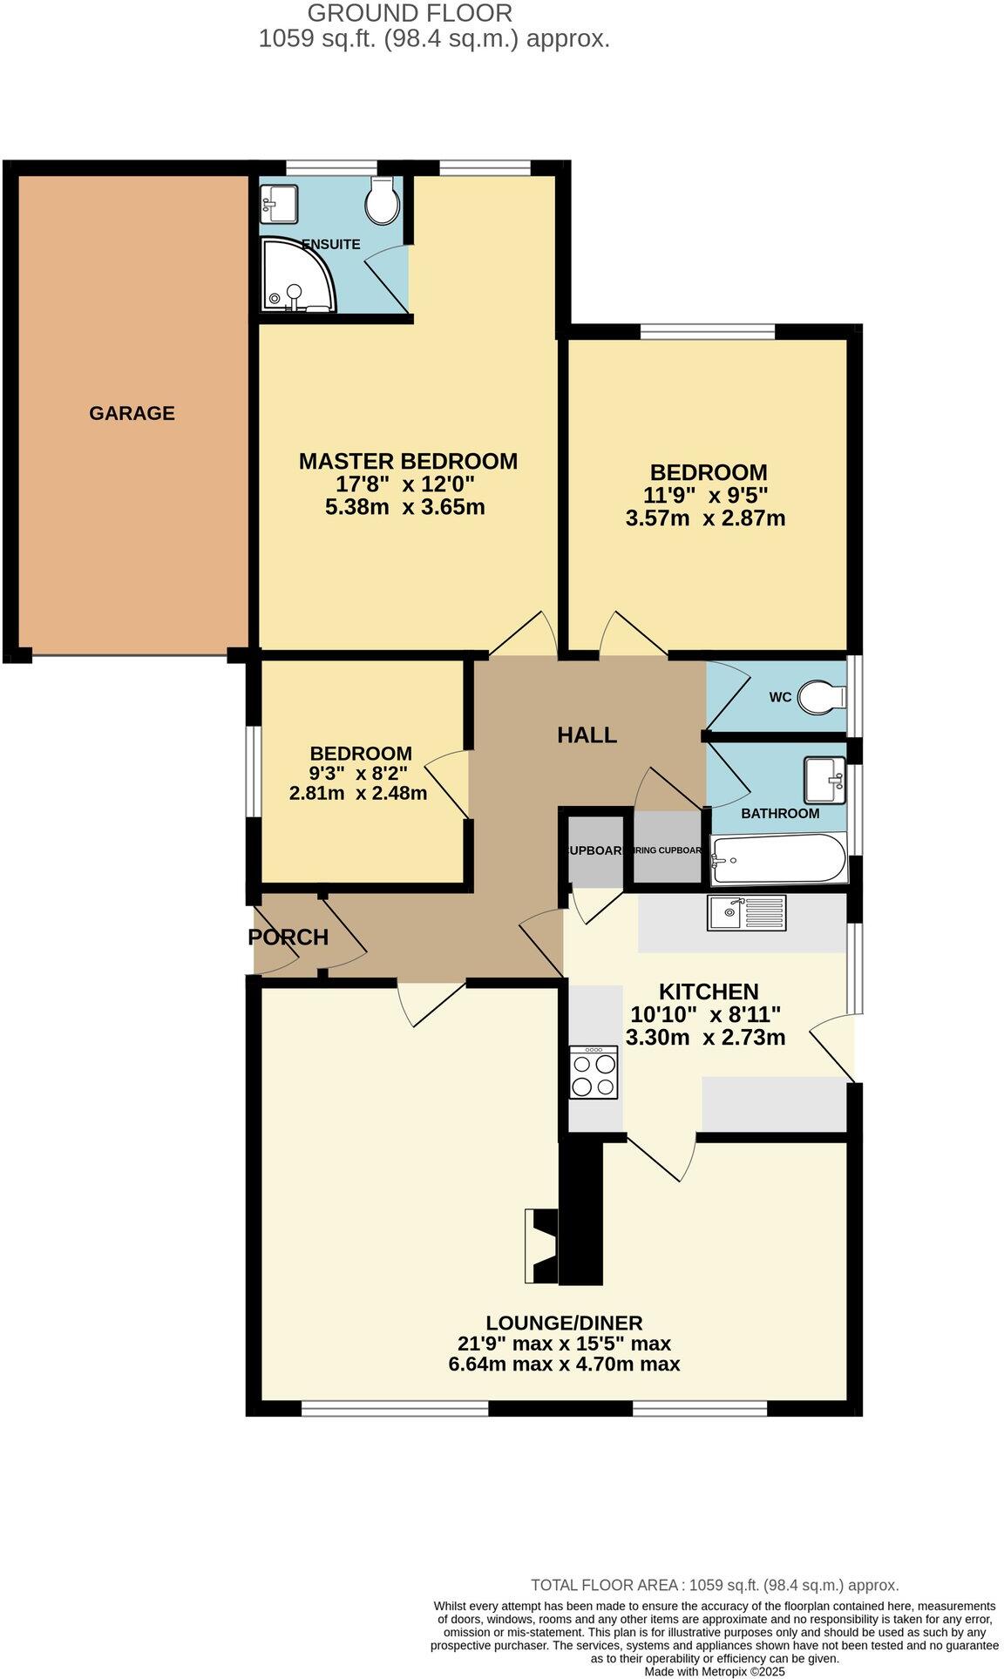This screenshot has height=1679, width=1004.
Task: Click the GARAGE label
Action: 132,413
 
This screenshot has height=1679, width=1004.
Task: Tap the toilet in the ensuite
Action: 382,201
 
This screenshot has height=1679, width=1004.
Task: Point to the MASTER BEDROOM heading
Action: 408,461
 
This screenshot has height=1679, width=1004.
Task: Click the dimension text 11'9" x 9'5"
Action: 707,496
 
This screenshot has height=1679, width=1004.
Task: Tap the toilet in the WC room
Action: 822,696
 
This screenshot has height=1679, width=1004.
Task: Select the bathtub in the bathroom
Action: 778,858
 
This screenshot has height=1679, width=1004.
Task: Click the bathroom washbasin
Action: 824,779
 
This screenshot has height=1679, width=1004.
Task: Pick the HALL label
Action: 587,735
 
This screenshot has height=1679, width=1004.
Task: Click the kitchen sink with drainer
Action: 747,912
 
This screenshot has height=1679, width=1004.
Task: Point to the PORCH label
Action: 288,937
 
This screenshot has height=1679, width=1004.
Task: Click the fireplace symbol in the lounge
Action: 542,1246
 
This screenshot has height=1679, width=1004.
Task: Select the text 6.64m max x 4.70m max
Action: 564,1364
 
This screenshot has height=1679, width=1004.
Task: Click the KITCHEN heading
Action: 708,992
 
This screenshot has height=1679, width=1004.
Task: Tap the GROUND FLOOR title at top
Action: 410,13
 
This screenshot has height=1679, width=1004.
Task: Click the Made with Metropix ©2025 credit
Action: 715,1671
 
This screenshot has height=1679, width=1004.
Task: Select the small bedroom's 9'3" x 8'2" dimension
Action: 358,773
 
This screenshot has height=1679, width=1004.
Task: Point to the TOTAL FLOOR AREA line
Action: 715,1585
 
